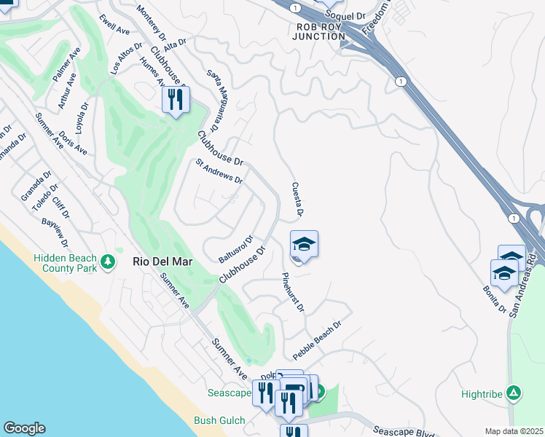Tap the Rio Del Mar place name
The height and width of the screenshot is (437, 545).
tap(158, 261)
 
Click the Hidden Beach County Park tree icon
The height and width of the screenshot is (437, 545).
tap(109, 260)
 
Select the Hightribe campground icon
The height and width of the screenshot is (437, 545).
tap(514, 393)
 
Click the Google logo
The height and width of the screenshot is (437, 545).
tap(24, 428)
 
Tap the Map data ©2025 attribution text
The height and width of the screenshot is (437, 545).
tap(514, 431)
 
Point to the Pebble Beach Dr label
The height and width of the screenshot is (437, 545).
tap(317, 340)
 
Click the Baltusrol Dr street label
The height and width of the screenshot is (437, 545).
tap(235, 249)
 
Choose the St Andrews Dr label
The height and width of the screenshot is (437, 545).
tap(219, 171)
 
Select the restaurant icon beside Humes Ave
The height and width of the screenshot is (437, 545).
tap(176, 99)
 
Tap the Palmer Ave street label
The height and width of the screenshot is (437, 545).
tap(66, 64)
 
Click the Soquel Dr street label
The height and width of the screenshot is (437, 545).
tap(345, 15)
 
